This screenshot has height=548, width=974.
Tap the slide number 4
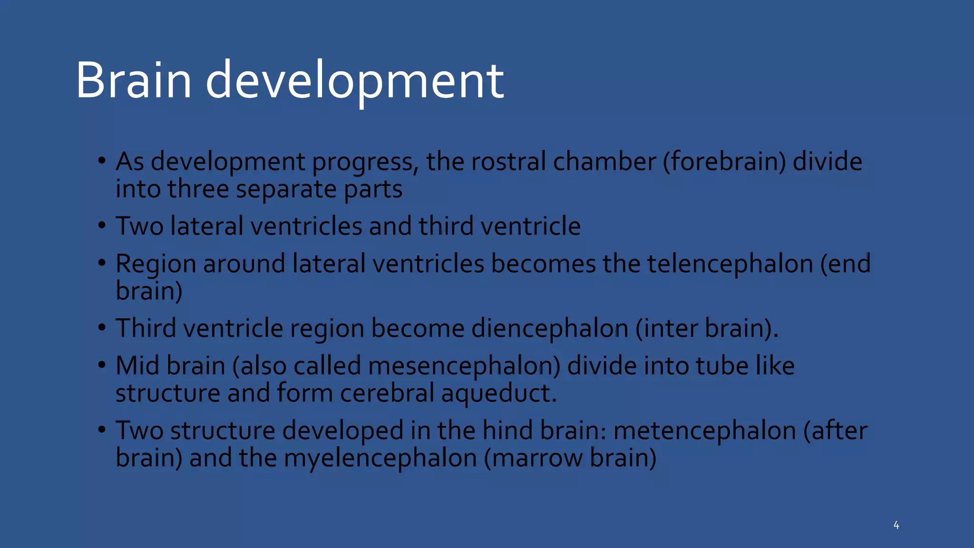click(x=896, y=525)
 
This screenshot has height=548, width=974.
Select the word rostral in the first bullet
click(x=508, y=161)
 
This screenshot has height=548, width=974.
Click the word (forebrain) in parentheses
click(x=724, y=162)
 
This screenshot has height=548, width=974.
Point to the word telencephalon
click(x=730, y=264)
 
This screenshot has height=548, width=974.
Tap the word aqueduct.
click(x=498, y=393)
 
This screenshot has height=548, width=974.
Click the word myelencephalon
click(x=380, y=458)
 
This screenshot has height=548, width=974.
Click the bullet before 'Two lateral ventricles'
click(x=102, y=225)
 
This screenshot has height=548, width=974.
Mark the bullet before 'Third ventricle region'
click(x=102, y=328)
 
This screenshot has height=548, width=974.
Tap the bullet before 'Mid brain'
click(x=102, y=365)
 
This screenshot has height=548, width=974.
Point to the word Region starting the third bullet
click(x=156, y=264)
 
